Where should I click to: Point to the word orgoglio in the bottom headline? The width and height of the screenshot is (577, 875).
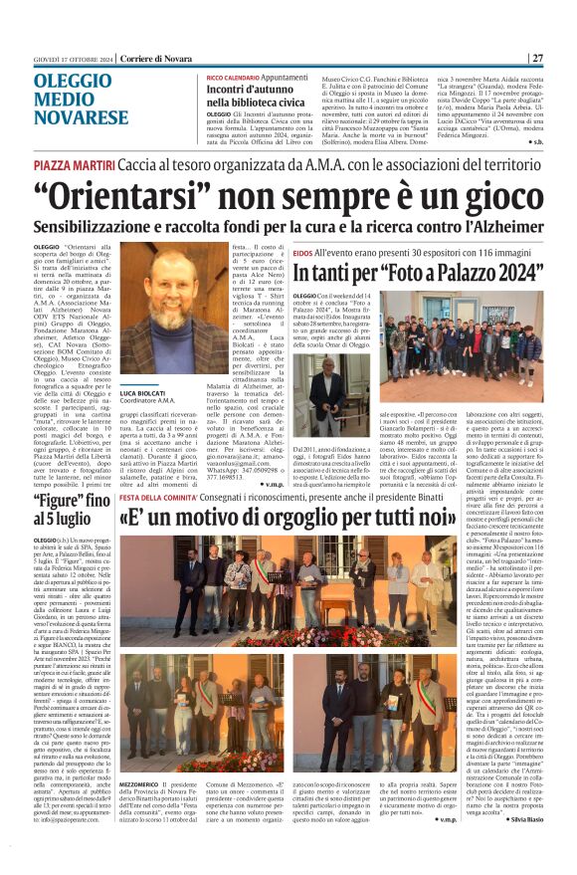click(316, 519)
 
